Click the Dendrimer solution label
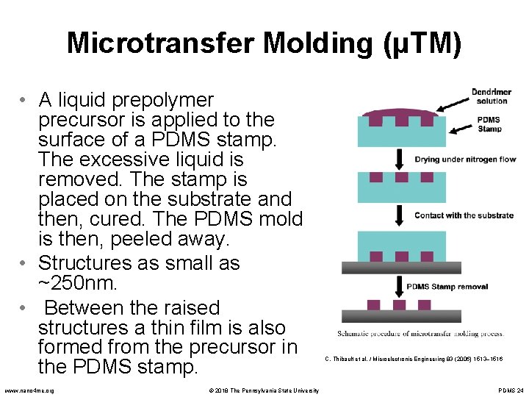point(490,96)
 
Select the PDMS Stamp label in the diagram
point(489,124)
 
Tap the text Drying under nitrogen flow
point(465,160)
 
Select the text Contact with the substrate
point(464,215)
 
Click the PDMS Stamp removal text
point(447,286)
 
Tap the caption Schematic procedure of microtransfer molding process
point(420,333)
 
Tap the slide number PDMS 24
point(510,390)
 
